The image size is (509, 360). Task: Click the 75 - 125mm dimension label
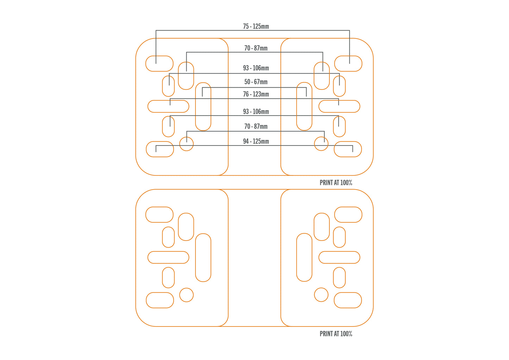256,26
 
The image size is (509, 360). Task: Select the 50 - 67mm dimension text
256,82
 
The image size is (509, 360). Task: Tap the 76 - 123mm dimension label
256,94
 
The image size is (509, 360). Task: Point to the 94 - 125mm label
256,141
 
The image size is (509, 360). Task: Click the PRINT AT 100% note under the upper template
336,182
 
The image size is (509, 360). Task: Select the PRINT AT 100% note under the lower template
336,334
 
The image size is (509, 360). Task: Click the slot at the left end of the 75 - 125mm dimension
160,64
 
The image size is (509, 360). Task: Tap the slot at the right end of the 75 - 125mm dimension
348,64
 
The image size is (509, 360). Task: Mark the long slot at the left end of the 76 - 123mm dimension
168,106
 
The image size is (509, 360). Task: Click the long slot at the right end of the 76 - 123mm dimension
339,106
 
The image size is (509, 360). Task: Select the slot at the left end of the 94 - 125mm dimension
160,149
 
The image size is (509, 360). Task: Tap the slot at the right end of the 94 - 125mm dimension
348,149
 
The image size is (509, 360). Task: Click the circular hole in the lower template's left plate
186,295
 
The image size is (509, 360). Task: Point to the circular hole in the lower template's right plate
321,295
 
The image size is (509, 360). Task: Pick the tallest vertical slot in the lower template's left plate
203,257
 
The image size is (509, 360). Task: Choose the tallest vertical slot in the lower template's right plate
304,257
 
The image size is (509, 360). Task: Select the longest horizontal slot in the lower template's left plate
168,257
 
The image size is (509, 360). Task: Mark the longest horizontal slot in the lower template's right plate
339,257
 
